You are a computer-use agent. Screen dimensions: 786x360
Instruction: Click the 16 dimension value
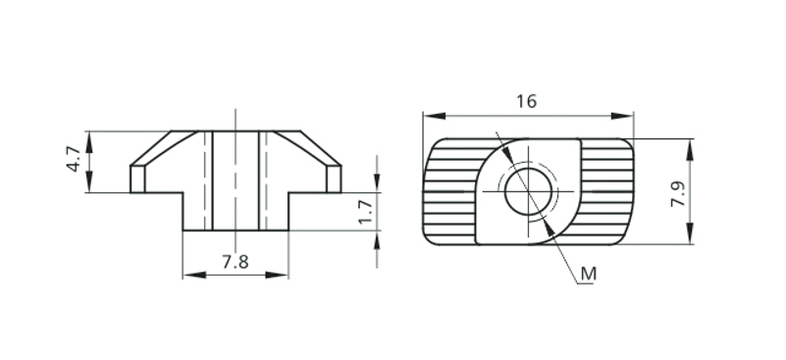[526, 101]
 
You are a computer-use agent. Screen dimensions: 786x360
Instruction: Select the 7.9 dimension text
[678, 193]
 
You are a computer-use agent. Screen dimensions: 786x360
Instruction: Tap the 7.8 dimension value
[236, 262]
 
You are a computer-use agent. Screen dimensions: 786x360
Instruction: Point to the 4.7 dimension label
[74, 159]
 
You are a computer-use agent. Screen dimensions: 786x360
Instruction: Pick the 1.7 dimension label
[367, 211]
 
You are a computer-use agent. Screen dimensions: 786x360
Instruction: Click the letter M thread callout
[589, 274]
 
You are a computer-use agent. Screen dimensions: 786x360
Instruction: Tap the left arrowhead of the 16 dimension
[435, 117]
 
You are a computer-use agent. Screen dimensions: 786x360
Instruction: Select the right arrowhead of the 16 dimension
[622, 117]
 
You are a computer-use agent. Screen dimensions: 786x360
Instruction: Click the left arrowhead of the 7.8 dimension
[194, 275]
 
